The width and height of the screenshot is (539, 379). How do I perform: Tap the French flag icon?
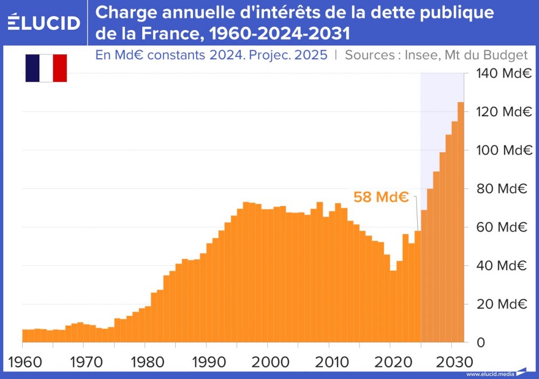(46, 68)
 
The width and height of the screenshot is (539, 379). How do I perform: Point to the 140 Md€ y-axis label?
(501, 73)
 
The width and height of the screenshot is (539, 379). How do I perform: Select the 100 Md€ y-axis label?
(501, 150)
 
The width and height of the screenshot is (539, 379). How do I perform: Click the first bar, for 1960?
(25, 336)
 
